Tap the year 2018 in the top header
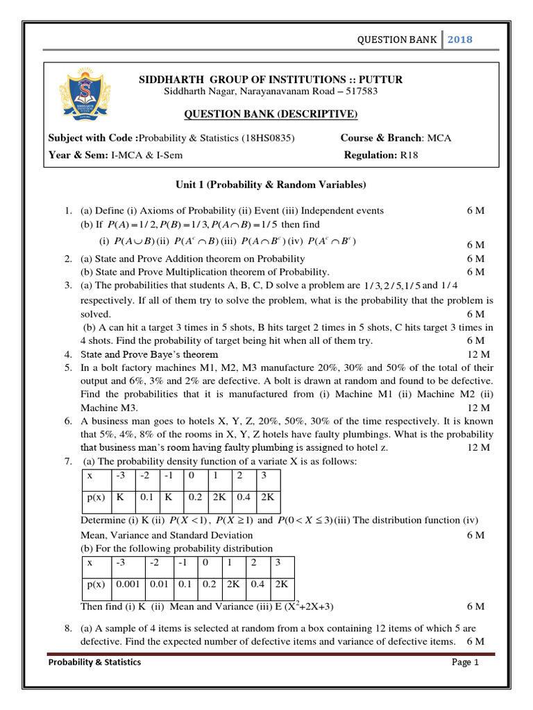[x=459, y=40]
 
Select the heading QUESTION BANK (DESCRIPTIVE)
[x=271, y=114]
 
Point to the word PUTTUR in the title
[x=381, y=79]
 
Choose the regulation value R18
[x=409, y=155]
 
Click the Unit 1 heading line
[x=270, y=184]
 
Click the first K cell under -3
[x=121, y=497]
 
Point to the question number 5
[x=68, y=367]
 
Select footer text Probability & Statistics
[x=94, y=662]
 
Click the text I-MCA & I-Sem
[x=147, y=155]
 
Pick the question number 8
[x=68, y=628]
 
